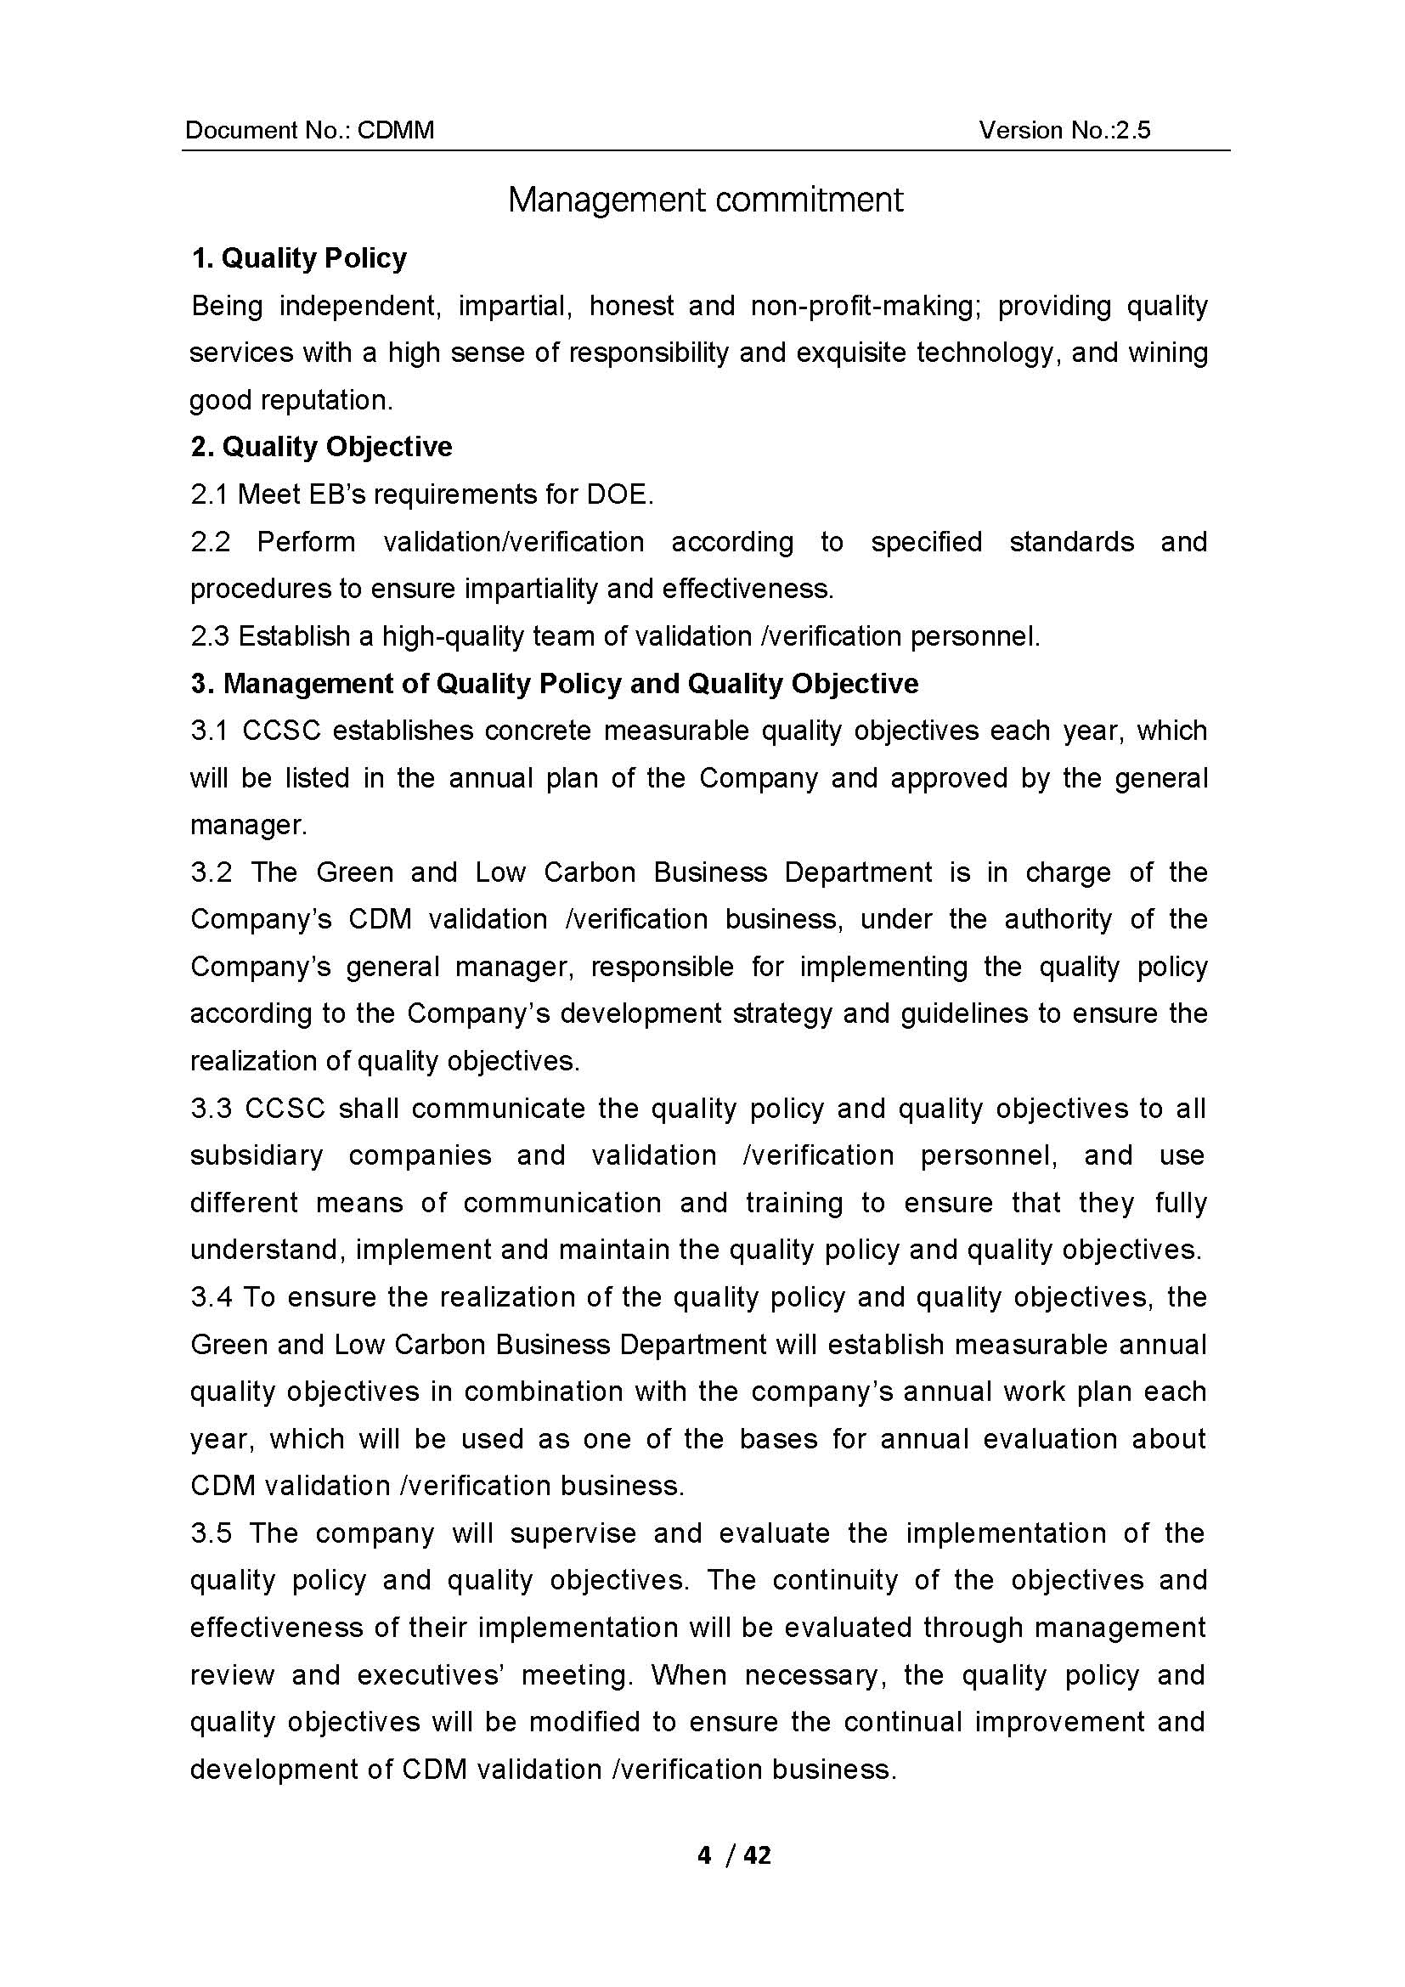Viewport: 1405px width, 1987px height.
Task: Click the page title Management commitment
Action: click(x=705, y=200)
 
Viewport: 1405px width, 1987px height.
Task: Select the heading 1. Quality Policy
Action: click(x=298, y=258)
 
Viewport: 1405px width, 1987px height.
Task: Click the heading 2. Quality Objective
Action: click(x=321, y=447)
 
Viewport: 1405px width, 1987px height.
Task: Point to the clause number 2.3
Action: click(x=209, y=636)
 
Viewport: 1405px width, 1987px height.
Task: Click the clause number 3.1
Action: click(x=209, y=731)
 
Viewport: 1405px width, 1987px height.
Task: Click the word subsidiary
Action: click(x=256, y=1155)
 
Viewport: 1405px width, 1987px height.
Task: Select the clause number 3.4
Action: click(x=209, y=1297)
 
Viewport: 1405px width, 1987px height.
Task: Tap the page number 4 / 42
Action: click(x=734, y=1855)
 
